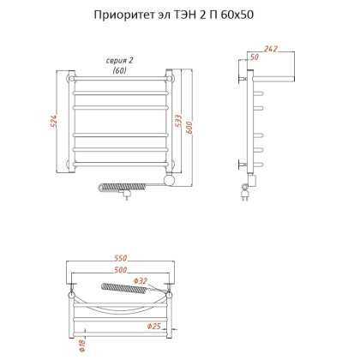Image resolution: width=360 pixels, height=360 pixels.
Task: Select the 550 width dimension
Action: (x=121, y=258)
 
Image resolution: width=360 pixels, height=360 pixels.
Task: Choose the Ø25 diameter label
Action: (x=153, y=327)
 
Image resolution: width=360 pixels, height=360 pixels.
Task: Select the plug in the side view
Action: (x=247, y=194)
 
